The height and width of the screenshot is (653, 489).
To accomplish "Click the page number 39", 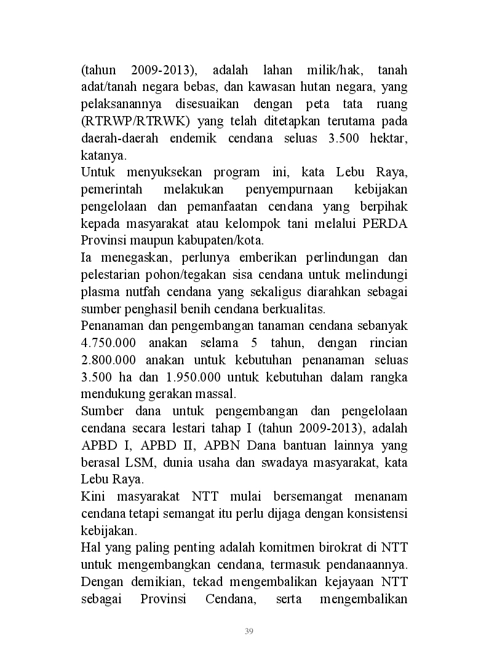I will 249,631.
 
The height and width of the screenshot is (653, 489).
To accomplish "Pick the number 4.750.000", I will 109,342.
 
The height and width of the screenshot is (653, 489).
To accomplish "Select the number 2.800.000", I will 109,359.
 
